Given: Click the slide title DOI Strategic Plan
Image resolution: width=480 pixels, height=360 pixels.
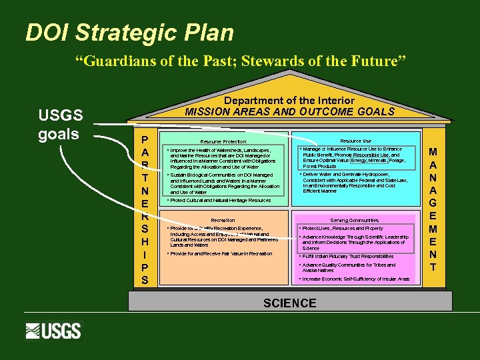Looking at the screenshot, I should click(x=129, y=33).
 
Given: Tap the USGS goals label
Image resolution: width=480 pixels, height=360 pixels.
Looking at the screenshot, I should click(x=60, y=125).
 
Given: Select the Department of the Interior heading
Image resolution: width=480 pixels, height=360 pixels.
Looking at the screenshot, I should click(x=289, y=100).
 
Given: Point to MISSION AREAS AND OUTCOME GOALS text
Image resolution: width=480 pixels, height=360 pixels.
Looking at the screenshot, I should click(x=289, y=111).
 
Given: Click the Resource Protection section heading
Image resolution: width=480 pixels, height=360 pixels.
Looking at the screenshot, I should click(x=223, y=141).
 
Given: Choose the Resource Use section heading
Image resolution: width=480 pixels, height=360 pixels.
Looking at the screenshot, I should click(x=355, y=141).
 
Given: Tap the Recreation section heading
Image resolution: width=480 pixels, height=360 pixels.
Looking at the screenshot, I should click(x=223, y=220).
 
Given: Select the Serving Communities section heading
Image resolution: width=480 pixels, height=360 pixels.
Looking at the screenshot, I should click(x=354, y=220).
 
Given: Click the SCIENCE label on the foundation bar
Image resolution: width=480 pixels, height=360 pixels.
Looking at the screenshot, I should click(x=289, y=303).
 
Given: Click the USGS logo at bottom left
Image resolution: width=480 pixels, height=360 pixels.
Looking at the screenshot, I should click(x=53, y=331).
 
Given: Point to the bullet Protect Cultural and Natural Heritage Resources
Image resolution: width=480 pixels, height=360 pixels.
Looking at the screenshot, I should click(x=220, y=200).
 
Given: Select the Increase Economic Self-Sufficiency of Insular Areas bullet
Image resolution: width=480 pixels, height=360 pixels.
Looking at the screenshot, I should click(x=355, y=279).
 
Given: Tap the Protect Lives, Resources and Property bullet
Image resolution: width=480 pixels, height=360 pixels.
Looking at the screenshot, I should click(x=343, y=229).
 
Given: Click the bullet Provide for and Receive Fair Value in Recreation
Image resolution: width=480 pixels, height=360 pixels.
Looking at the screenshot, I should click(x=221, y=253).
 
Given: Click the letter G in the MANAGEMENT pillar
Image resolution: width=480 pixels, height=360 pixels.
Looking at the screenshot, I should click(x=433, y=203).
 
